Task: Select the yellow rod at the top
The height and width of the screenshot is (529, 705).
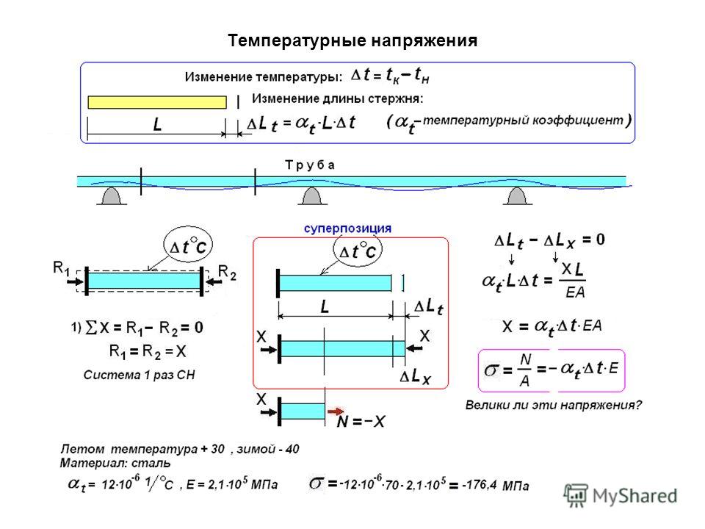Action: coord(157,102)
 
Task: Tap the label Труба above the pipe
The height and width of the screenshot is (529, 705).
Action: coord(310,165)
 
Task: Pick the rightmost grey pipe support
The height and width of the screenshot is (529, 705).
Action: coord(517,196)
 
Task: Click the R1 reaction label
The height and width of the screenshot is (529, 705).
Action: coord(62,268)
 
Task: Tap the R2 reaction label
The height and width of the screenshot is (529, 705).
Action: coord(227,272)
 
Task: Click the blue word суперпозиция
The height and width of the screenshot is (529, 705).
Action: coord(347,228)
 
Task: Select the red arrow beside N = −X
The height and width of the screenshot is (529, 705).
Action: coord(336,411)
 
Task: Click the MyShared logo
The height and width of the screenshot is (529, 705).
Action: coord(621,496)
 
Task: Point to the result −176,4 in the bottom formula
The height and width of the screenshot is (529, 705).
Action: coord(480,485)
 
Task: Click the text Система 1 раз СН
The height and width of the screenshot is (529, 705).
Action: coord(139,375)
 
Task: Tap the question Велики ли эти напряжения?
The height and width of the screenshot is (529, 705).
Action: coord(553,405)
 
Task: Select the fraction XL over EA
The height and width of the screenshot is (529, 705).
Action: coord(573,280)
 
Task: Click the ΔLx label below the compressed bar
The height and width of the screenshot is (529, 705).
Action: coord(416,376)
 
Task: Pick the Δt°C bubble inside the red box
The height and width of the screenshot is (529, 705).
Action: coord(358,250)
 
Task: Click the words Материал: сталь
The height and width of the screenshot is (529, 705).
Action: coord(115,463)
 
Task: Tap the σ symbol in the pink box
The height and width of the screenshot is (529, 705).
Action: coord(491,370)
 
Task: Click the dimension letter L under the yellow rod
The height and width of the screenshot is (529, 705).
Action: coord(157,124)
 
